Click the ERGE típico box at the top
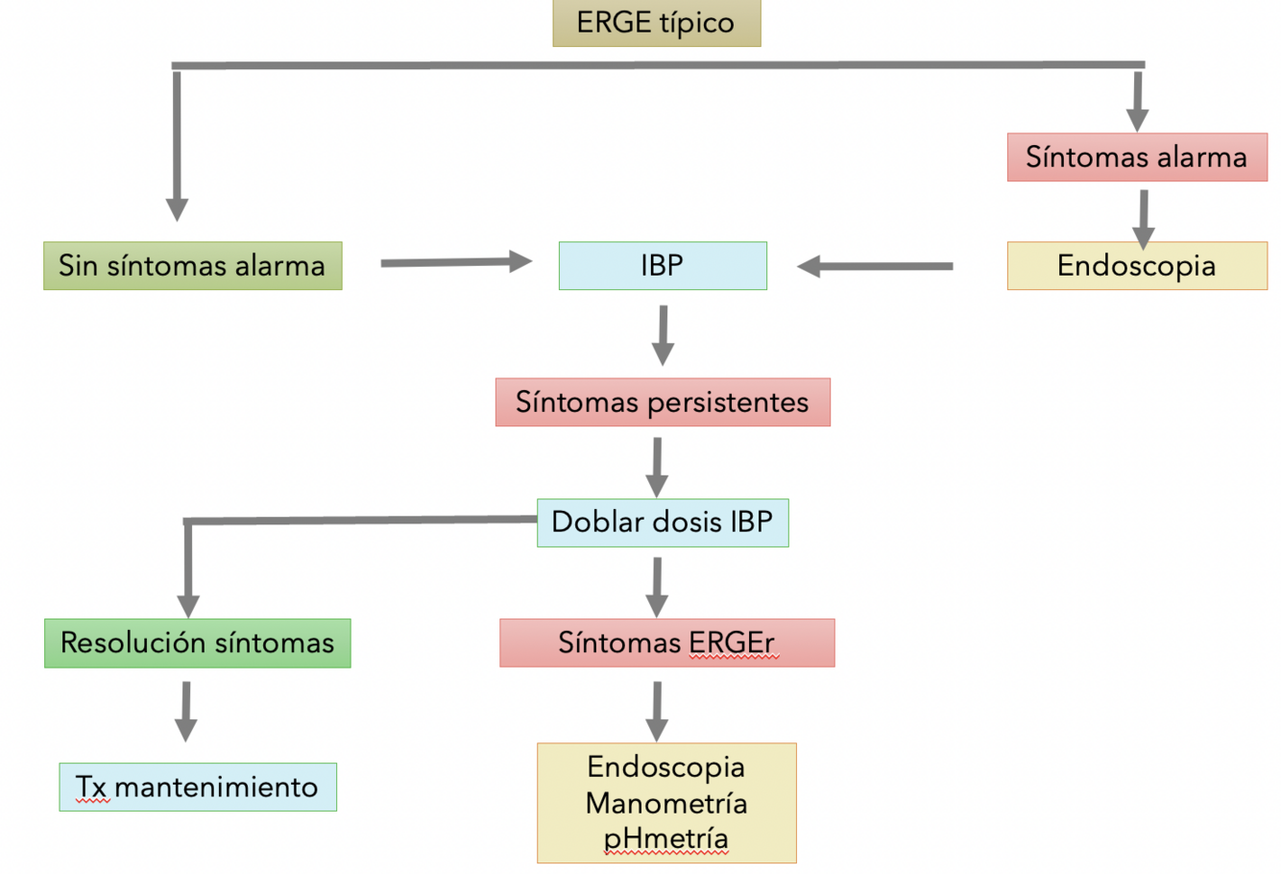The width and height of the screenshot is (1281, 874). coord(657,23)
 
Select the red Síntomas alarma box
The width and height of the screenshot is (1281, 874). coord(1137,158)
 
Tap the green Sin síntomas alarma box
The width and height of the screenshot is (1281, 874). coord(192,266)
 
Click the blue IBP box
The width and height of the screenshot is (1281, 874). coord(663,266)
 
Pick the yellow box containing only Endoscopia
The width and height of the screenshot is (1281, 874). coord(1137,266)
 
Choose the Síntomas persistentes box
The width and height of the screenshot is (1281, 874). coord(663,402)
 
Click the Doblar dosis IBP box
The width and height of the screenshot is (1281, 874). coord(663,522)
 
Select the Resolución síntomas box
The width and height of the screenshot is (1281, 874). coord(197,643)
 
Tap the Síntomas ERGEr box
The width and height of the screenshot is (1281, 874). coord(666,643)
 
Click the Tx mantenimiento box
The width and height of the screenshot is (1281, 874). coord(198,788)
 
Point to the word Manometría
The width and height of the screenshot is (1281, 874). coord(666,803)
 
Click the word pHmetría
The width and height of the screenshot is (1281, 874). coord(666,838)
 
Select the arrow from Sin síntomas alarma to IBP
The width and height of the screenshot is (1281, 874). coord(456,261)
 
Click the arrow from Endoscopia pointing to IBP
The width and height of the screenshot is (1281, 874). coord(875,266)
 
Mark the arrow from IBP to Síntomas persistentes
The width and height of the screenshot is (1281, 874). coord(663,335)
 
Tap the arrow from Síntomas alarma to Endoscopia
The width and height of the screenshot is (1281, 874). coord(1143,218)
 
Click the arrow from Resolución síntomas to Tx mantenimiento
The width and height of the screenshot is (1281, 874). coord(186,711)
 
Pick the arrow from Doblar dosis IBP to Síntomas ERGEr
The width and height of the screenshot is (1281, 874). coord(657,586)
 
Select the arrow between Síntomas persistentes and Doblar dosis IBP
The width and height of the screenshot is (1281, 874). coord(657,467)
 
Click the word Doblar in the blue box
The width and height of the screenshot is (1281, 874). coord(585,522)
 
